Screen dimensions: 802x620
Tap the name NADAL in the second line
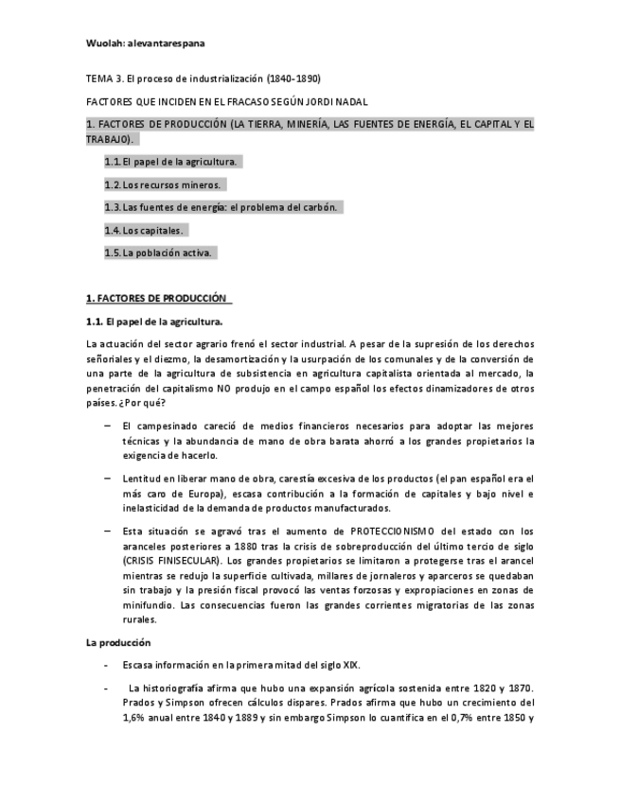click(x=352, y=100)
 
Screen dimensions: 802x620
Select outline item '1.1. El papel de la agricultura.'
click(x=170, y=162)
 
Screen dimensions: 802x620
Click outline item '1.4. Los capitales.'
click(x=144, y=230)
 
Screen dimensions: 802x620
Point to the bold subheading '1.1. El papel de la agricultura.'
click(x=153, y=323)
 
